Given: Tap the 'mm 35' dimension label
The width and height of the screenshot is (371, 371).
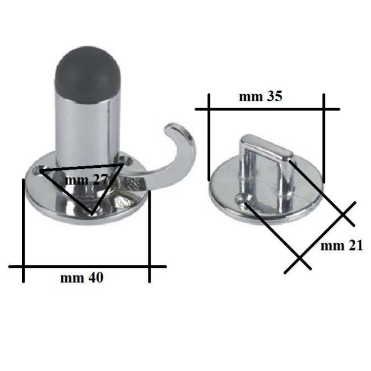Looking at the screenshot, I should (260, 97).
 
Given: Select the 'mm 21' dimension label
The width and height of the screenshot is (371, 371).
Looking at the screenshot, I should (341, 246).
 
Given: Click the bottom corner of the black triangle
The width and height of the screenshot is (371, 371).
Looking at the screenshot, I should (91, 213).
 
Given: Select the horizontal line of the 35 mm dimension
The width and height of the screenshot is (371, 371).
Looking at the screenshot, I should (267, 109).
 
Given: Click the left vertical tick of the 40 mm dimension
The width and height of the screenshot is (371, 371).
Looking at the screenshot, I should (23, 230).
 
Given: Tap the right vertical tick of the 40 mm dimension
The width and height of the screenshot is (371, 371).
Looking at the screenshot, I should (149, 237).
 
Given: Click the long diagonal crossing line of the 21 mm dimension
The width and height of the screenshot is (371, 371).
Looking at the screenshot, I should (320, 237).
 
